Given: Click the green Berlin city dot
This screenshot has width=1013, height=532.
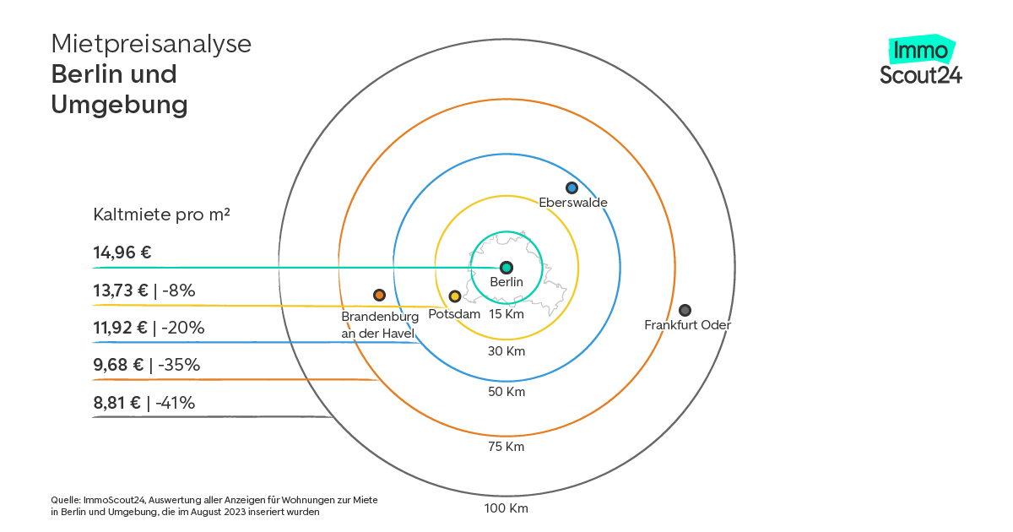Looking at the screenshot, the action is point(506,268).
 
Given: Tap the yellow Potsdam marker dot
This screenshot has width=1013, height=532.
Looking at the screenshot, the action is point(454,296).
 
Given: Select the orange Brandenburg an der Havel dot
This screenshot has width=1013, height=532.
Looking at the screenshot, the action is point(379,295).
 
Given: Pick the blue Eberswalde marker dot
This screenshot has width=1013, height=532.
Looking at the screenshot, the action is point(572,187).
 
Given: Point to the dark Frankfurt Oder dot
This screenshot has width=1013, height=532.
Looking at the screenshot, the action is point(685,310).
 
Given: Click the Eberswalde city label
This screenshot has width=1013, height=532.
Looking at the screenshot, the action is point(573,202).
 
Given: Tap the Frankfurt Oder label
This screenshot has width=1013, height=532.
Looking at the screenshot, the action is point(687,325).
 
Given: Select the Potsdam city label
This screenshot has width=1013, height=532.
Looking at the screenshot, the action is point(454,314).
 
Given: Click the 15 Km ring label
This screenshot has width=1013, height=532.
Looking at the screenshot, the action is point(506,314).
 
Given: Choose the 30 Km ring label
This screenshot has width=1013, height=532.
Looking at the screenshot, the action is point(506,351).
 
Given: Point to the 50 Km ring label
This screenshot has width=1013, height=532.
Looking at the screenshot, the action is point(506,391).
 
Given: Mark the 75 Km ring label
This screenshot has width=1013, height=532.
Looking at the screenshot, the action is point(506,447).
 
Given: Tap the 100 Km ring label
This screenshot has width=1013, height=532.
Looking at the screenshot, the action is point(506,508).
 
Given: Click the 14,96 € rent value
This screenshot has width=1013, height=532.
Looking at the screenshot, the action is point(122,252).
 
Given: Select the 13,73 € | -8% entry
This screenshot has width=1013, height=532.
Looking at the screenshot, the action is point(144,290).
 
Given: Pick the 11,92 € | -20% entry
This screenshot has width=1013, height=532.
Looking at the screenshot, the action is point(149,327).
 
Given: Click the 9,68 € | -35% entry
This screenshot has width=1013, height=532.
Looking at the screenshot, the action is point(147,365).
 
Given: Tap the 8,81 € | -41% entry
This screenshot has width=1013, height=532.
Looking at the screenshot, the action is point(144,402).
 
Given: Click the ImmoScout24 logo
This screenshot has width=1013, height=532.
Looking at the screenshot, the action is point(921,60).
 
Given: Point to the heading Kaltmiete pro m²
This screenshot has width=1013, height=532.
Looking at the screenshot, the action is point(161,214).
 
